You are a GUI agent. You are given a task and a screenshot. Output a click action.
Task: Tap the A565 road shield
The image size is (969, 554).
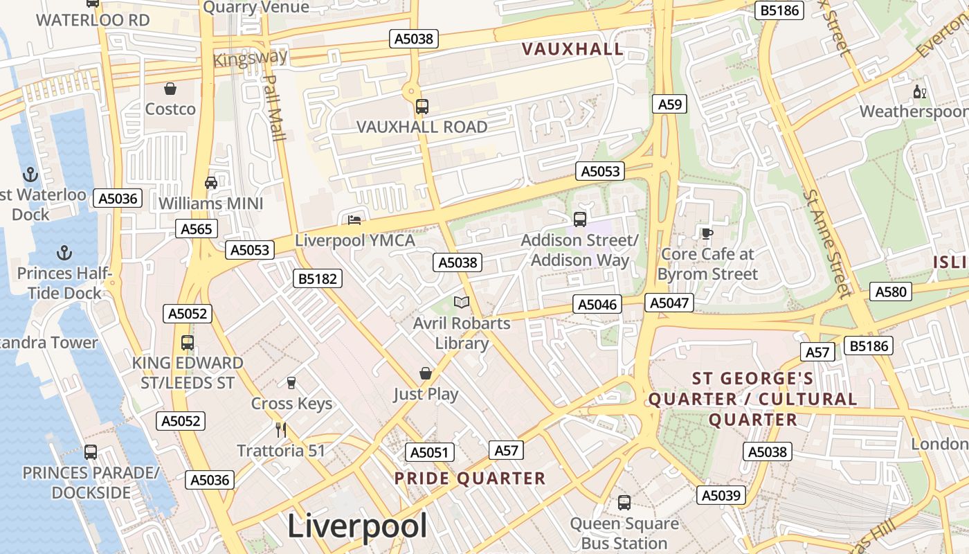(x=197, y=229)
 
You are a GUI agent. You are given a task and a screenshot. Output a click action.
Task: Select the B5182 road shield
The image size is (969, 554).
(x=318, y=279)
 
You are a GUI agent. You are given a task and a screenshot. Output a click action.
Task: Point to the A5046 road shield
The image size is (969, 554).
(x=597, y=304)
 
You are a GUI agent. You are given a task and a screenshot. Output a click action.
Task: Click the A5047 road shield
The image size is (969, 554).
(x=669, y=303)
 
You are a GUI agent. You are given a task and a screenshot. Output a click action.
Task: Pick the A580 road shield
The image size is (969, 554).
(x=891, y=292)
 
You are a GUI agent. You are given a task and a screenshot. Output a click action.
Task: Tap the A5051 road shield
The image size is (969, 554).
(x=430, y=453)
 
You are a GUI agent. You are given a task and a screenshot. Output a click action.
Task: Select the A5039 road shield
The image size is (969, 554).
(x=721, y=495)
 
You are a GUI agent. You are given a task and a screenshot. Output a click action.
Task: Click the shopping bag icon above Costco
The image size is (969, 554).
(x=170, y=89)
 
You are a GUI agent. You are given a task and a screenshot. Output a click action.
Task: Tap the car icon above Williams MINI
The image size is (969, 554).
(x=211, y=183)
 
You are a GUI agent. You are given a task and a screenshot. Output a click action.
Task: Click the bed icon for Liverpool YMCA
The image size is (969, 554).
(x=354, y=220)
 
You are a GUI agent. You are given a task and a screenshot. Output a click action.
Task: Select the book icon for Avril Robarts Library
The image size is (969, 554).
(x=462, y=303)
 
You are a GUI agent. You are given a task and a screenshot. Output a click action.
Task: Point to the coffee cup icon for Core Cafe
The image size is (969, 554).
(x=707, y=234)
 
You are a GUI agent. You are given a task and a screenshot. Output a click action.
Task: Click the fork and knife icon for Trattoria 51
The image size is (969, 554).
(x=281, y=430)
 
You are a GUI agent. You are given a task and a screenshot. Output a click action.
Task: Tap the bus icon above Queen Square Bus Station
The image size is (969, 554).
(x=624, y=503)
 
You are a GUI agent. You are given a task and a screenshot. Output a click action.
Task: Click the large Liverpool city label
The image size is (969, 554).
(x=357, y=526)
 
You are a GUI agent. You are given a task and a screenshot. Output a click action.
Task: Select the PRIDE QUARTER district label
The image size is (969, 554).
(x=470, y=479)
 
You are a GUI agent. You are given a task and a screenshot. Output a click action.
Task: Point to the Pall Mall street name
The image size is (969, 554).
(x=275, y=108)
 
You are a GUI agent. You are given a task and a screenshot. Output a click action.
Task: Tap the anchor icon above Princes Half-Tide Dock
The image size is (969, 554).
(x=64, y=253)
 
